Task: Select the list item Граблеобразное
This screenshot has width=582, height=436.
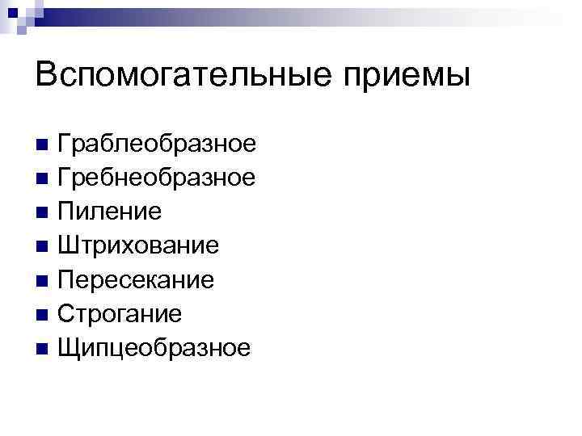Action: point(157,144)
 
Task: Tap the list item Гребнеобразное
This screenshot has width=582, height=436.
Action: point(157,177)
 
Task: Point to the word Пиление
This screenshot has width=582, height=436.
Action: point(110,212)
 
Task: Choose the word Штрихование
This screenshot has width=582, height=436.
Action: point(138,245)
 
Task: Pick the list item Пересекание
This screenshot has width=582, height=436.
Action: point(136,279)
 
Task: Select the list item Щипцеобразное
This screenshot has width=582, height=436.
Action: point(154,348)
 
